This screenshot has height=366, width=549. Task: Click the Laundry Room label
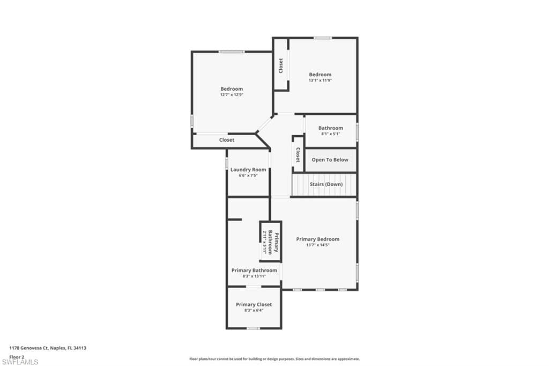248,170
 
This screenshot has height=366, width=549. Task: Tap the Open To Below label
330,159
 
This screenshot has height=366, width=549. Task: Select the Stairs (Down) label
326,184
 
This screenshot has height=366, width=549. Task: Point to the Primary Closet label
254,304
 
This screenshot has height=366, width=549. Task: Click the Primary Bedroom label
318,239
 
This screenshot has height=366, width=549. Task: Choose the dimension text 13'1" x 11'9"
320,80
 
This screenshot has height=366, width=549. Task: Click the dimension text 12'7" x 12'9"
232,94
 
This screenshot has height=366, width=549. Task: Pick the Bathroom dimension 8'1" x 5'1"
330,134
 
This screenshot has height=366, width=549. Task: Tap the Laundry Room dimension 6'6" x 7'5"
248,175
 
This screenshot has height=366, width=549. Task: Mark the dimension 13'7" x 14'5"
318,245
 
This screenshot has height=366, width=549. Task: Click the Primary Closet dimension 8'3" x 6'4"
254,310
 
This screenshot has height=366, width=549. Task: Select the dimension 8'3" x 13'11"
254,276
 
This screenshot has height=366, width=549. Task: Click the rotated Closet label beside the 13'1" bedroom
281,65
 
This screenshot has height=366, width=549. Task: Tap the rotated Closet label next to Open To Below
298,155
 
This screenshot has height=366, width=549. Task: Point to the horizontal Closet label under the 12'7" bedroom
227,140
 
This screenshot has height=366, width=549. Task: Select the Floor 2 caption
17,356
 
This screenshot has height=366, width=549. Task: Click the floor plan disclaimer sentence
274,359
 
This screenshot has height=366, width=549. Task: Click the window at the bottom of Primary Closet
253,328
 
